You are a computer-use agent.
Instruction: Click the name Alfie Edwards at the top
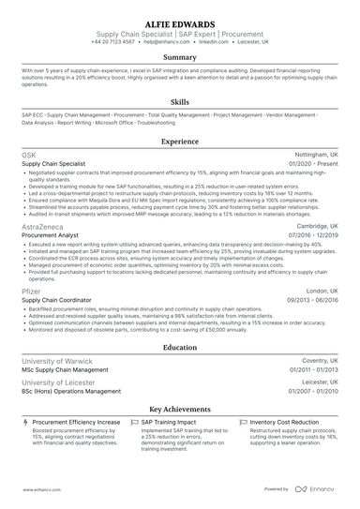(x=179, y=23)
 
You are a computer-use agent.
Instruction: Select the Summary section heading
(x=179, y=56)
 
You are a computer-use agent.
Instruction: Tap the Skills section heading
(x=179, y=101)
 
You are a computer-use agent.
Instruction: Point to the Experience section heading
(x=179, y=142)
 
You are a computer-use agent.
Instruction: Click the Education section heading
(x=179, y=346)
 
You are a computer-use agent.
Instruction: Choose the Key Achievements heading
(x=179, y=410)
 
